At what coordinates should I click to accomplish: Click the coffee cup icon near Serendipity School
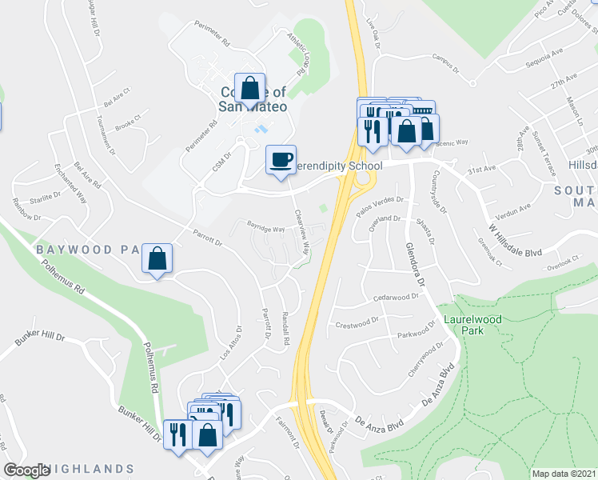pyautogui.click(x=281, y=160)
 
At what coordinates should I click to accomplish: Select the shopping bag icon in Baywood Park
pyautogui.click(x=157, y=258)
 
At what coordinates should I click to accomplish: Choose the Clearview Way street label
pyautogui.click(x=301, y=232)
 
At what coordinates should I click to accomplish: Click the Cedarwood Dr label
pyautogui.click(x=396, y=298)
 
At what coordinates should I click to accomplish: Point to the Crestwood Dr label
pyautogui.click(x=357, y=324)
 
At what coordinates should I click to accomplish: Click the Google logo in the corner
pyautogui.click(x=26, y=470)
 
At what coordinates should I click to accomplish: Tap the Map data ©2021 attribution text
pyautogui.click(x=563, y=474)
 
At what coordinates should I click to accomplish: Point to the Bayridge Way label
pyautogui.click(x=265, y=228)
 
